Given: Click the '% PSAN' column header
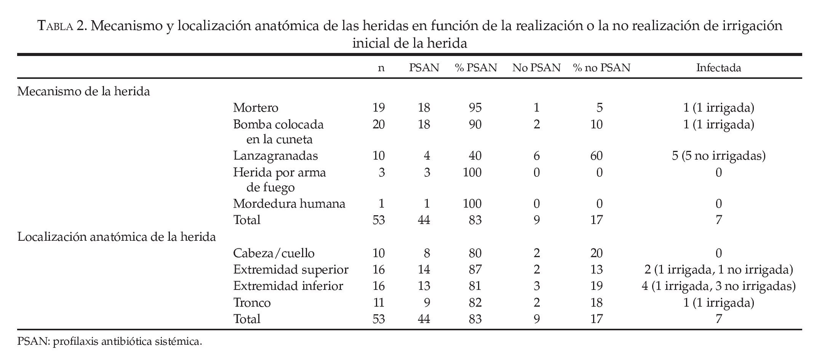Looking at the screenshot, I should pos(475,68).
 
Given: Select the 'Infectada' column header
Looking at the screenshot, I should pos(718,68).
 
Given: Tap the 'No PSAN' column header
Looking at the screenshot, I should pos(536,68).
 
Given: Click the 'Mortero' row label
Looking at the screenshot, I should pos(256,108).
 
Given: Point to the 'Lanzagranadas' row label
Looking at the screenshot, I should pos(275,156).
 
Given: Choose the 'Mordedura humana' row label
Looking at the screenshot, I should pos(289,204).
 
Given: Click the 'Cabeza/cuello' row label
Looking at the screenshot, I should pos(274,253).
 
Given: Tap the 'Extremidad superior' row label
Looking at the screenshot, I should pos(291,270).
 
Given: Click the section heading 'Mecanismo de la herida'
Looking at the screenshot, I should pos(83,91).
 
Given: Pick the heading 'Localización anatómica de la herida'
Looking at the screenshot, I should pos(117,237).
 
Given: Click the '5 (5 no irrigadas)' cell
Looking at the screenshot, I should pos(718,156).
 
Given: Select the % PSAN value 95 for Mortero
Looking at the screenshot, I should pos(475,108).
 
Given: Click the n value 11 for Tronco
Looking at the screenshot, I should pos(378,303).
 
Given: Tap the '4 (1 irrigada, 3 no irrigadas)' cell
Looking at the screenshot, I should pos(718,286).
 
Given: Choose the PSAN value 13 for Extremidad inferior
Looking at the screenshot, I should pos(424,286).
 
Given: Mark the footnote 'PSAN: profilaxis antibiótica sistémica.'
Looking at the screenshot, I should pos(109,341).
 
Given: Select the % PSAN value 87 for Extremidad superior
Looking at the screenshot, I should pos(475,270).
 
